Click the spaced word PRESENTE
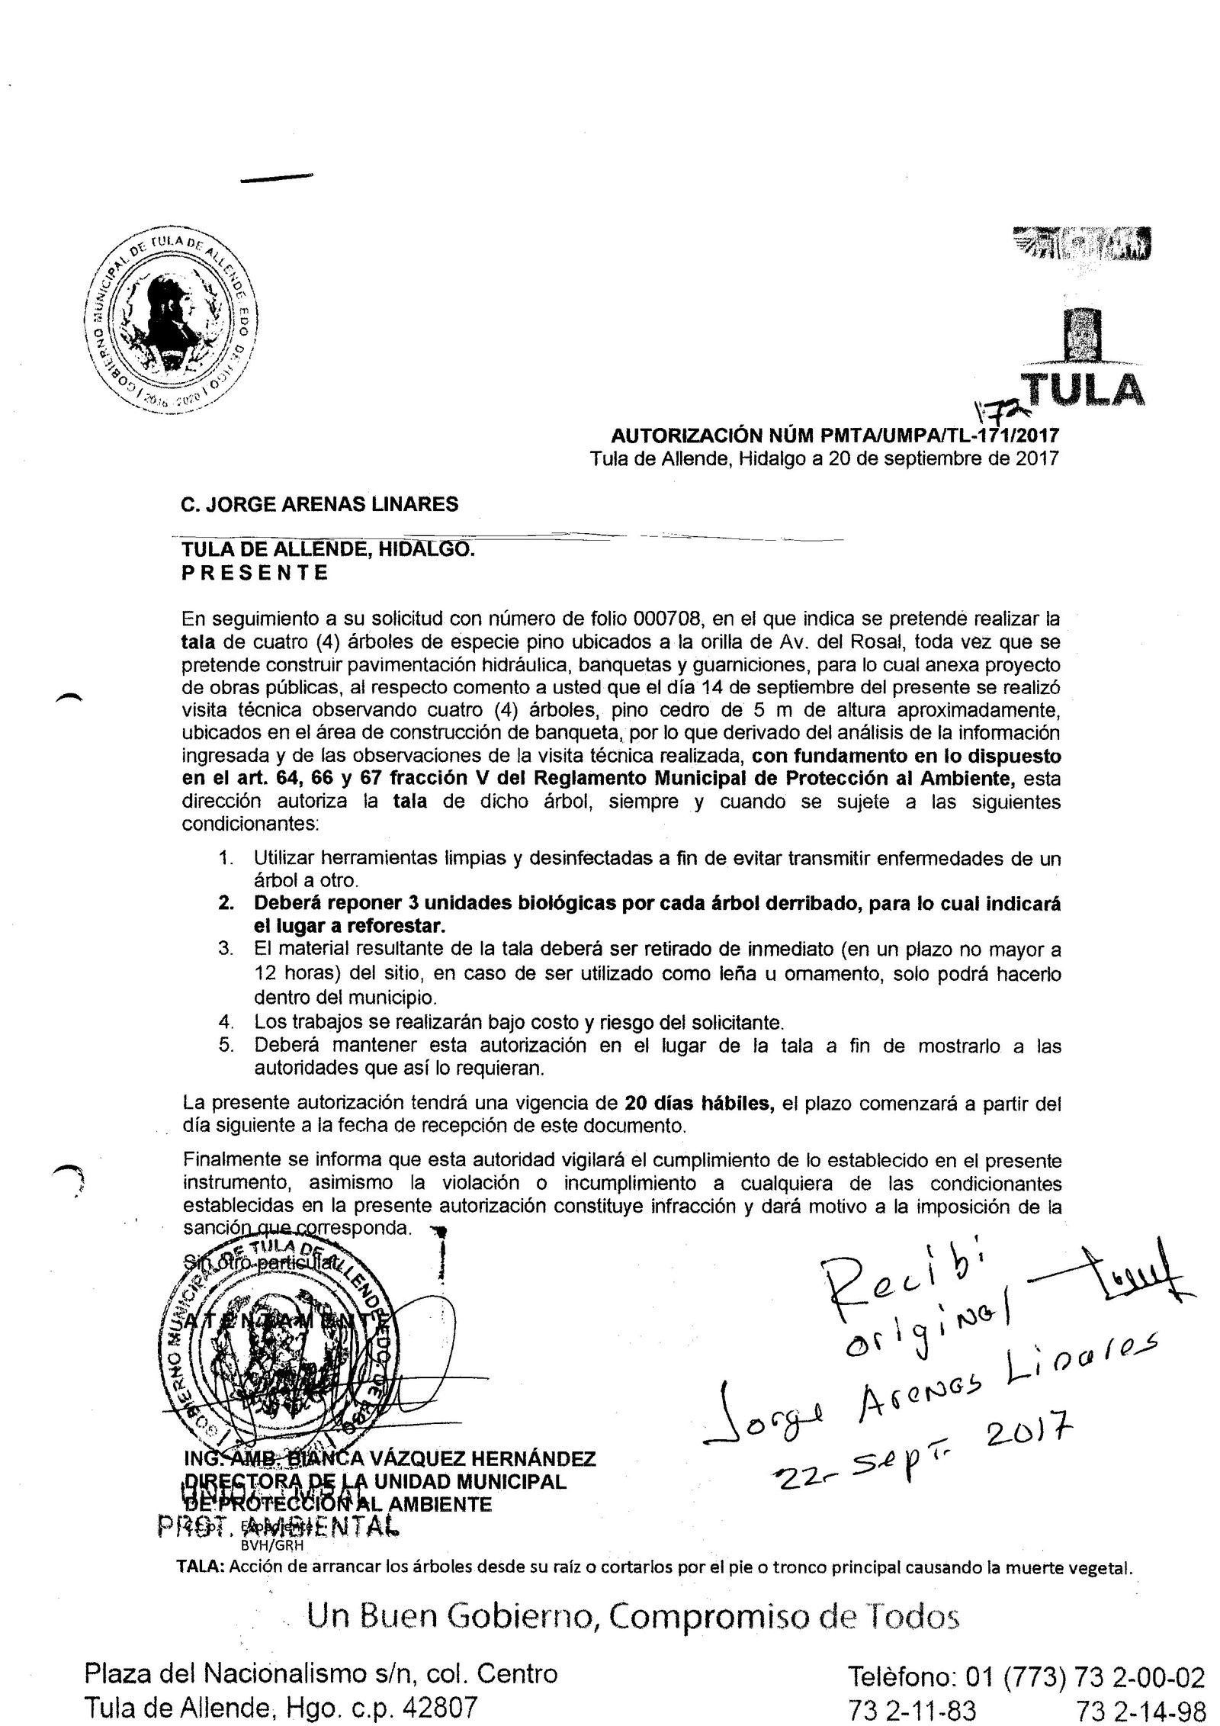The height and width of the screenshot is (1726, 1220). tap(255, 573)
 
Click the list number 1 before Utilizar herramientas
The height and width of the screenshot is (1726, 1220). tap(225, 858)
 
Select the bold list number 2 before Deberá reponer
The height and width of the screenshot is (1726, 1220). tap(225, 903)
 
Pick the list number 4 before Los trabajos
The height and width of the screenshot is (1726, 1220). tap(225, 1021)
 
